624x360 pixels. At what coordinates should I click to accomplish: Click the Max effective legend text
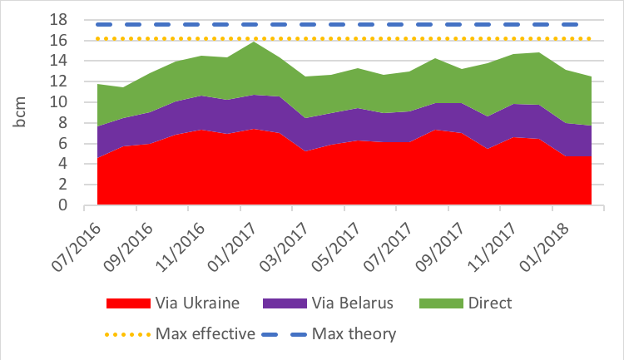(204, 334)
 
